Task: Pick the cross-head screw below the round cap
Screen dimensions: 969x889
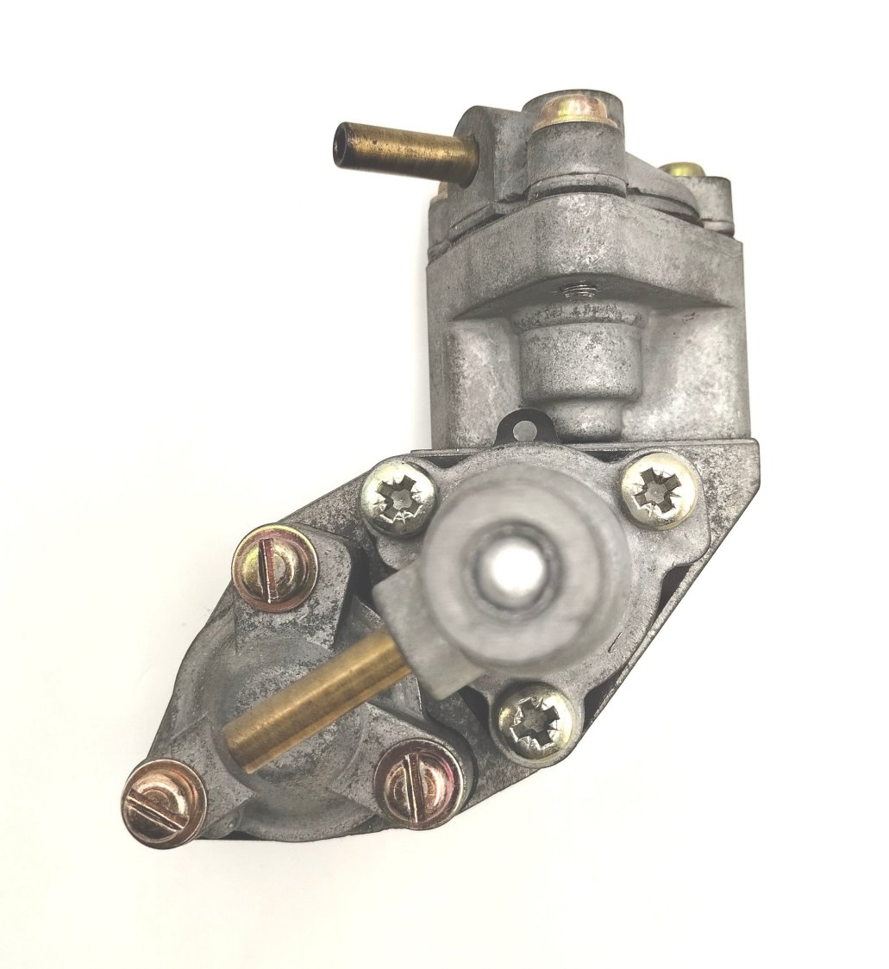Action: pos(535,720)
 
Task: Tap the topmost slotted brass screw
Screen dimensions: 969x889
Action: pos(275,566)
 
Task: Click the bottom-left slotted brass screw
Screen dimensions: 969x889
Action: pos(163,803)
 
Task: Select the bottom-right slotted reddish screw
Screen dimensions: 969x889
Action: pos(420,783)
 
